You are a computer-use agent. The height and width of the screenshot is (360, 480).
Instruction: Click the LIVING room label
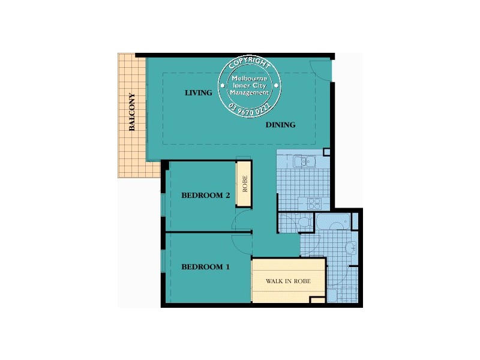click(x=198, y=93)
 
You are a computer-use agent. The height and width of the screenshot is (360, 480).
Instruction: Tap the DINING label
click(x=280, y=125)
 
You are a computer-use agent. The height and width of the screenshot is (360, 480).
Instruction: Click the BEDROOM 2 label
click(x=206, y=195)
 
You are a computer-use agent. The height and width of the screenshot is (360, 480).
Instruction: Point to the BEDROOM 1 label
click(x=205, y=267)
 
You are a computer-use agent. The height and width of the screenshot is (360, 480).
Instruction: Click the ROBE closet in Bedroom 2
click(x=244, y=184)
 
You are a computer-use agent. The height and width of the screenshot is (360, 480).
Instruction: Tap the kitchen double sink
click(x=304, y=161)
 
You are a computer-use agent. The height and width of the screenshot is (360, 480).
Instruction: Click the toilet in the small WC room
click(x=304, y=223)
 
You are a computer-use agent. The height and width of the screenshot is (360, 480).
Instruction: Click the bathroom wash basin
click(x=351, y=247)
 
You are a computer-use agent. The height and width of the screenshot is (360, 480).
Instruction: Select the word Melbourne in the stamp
click(x=250, y=79)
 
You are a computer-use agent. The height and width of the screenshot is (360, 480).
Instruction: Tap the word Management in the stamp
click(x=250, y=92)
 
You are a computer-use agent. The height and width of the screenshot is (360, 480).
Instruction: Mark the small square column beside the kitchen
click(x=326, y=152)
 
